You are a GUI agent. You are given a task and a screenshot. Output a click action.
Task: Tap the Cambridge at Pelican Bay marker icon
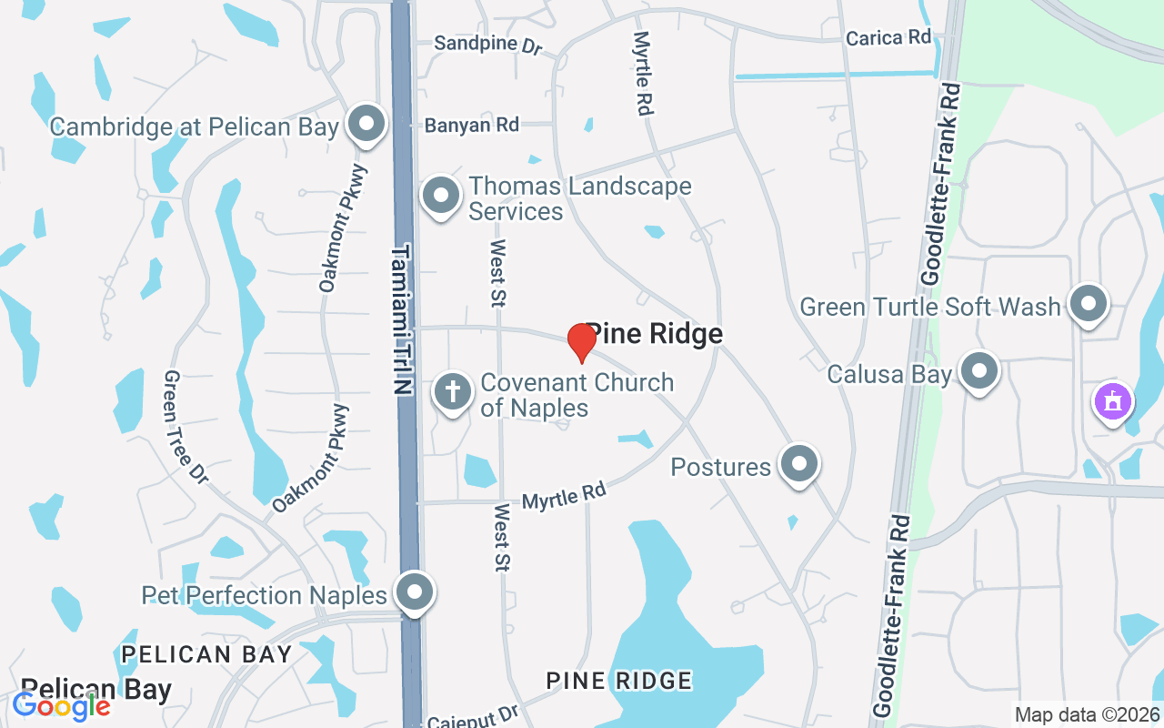tap(366, 124)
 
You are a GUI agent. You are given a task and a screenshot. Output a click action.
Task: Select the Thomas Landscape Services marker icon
tap(441, 196)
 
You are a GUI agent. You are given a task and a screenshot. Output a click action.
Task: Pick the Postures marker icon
tap(799, 464)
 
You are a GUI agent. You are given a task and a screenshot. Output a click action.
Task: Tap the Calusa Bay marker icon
tap(979, 370)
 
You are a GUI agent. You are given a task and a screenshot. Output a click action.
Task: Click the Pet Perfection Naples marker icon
tap(415, 592)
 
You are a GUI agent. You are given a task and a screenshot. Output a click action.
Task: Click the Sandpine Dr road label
tap(487, 43)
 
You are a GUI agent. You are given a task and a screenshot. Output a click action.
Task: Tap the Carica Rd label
tap(888, 37)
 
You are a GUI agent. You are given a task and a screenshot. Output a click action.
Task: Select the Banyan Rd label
tap(471, 126)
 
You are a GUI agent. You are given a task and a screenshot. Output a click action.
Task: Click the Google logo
tap(61, 705)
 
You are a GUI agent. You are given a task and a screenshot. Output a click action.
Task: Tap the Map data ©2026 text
tap(1087, 714)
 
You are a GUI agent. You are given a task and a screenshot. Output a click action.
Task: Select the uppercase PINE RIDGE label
tap(618, 680)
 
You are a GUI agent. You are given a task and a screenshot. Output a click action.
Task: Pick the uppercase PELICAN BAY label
tap(206, 653)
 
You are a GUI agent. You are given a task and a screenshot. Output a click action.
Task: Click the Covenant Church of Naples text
tap(577, 394)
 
